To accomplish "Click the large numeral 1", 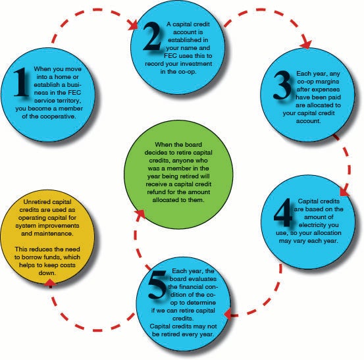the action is [21, 82].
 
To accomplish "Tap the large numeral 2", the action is [152, 36].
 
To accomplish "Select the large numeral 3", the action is [282, 85].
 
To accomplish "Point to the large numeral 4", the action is [283, 213].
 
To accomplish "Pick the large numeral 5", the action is [157, 284].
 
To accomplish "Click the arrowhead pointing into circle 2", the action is [133, 25].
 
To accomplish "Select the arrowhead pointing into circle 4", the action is [344, 190].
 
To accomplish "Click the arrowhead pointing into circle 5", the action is [228, 315].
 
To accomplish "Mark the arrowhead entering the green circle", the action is [140, 214].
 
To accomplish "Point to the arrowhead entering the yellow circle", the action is [50, 282].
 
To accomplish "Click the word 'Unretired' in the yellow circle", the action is [36, 202].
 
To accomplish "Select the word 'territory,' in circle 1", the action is [69, 101].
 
